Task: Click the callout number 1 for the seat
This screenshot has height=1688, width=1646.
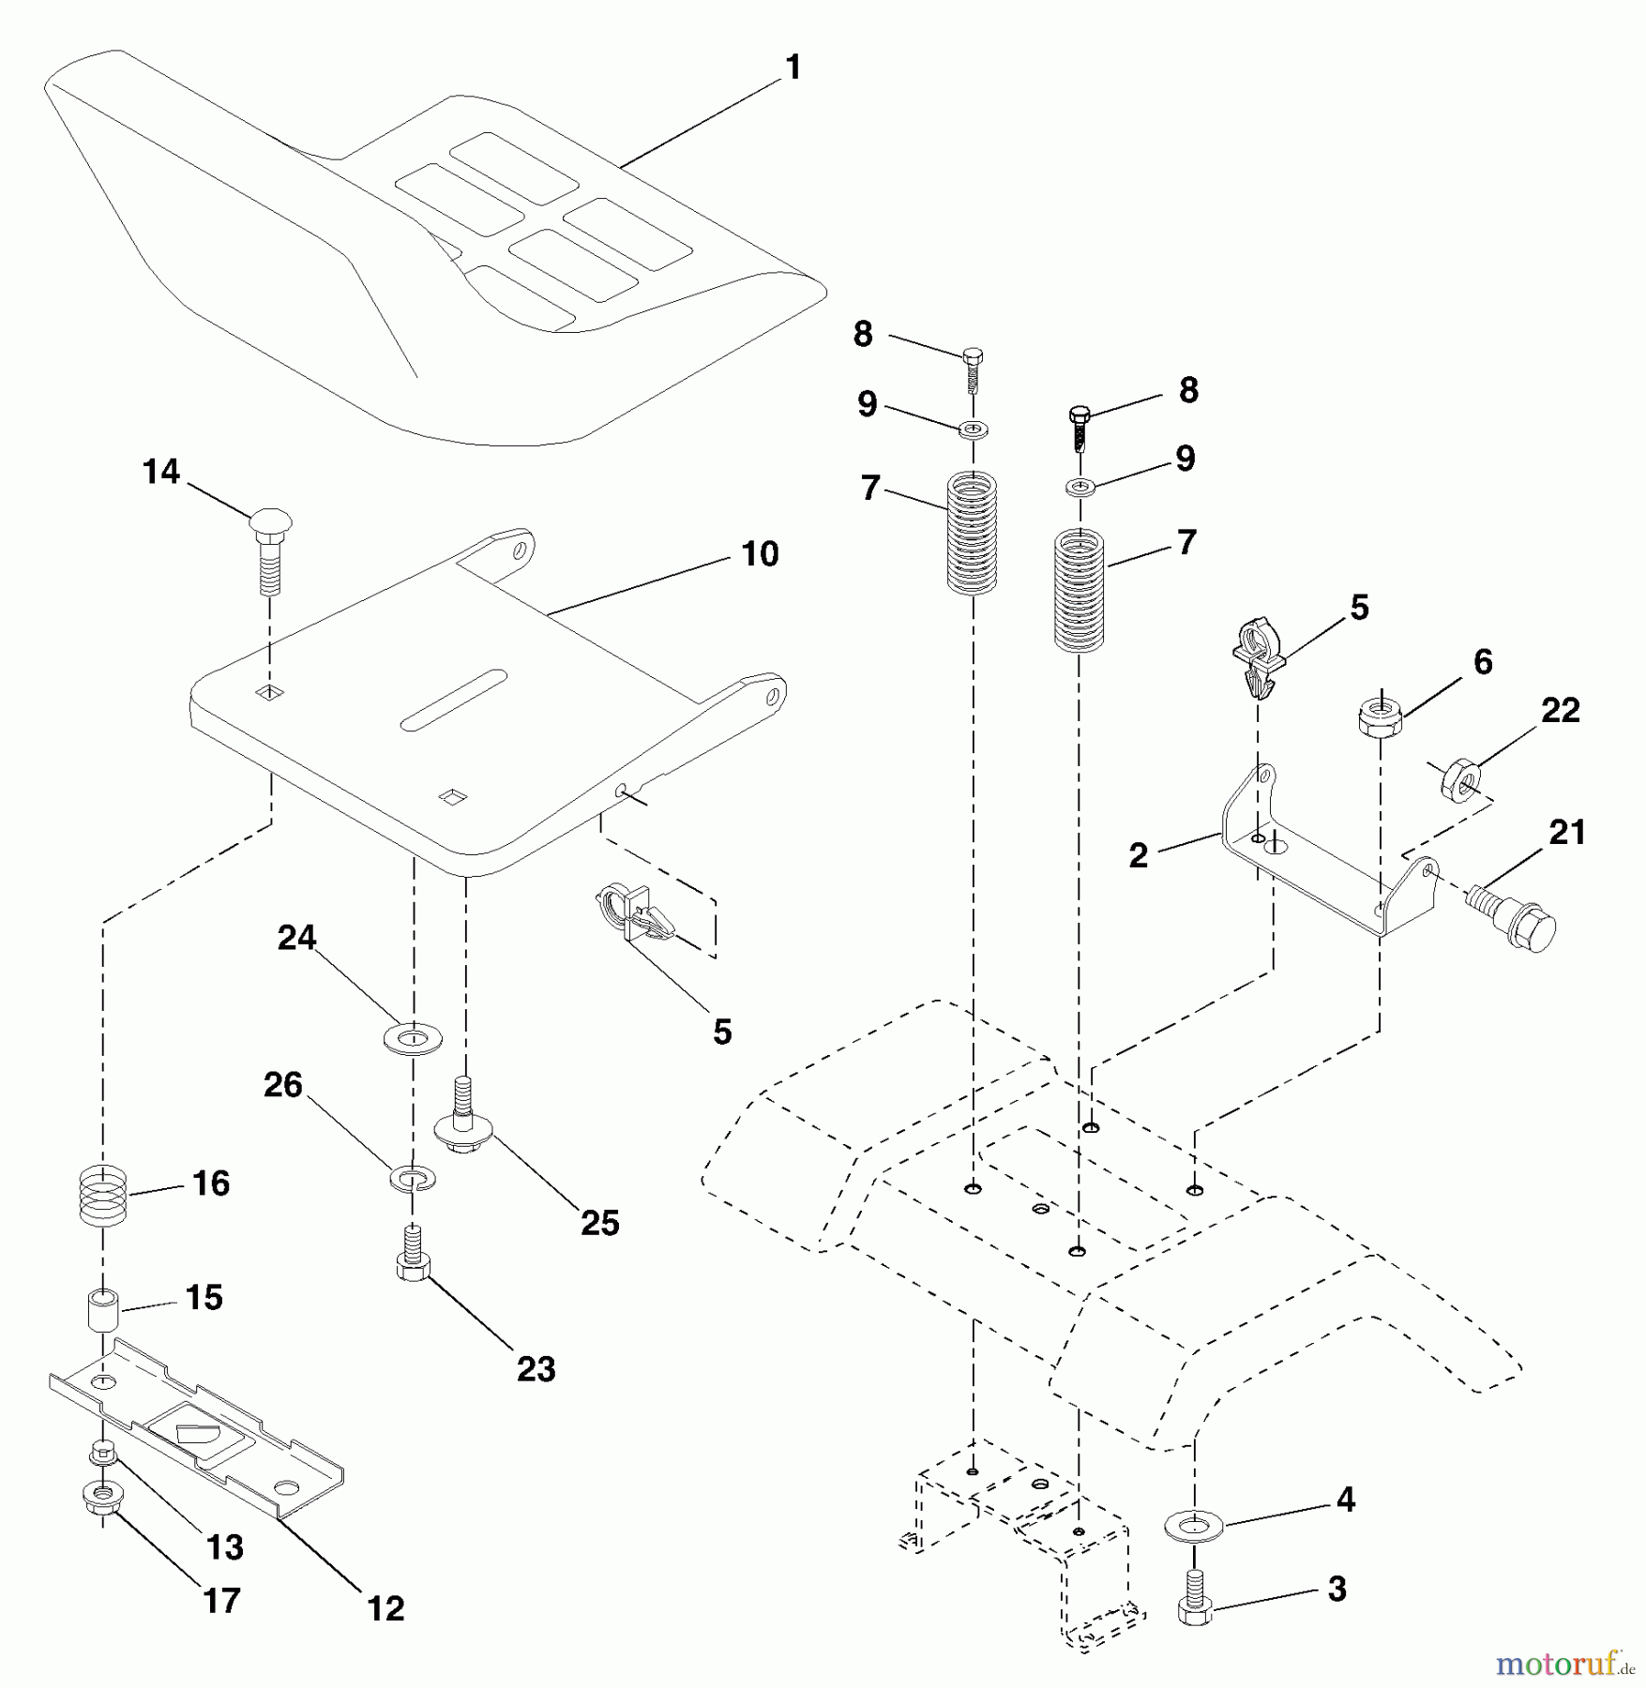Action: tap(793, 68)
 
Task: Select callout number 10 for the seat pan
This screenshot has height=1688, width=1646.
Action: tap(760, 554)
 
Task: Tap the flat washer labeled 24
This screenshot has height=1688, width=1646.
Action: tap(413, 1039)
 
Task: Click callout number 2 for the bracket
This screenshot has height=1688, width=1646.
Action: tap(1138, 855)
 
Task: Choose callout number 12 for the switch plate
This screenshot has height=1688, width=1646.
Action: tap(386, 1608)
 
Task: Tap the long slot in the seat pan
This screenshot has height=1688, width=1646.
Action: tap(454, 700)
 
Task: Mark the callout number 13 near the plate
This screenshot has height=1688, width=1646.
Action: tap(225, 1546)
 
